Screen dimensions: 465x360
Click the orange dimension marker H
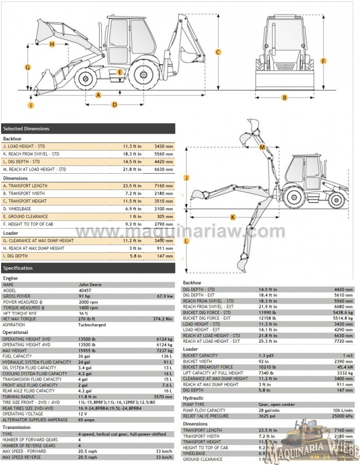(52, 44)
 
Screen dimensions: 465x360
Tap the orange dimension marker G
(28, 67)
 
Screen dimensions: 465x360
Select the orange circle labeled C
(218, 52)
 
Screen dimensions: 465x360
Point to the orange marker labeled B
(284, 98)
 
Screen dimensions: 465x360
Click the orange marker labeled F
(323, 61)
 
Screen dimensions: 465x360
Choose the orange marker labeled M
(262, 147)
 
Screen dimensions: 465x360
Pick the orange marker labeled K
(233, 217)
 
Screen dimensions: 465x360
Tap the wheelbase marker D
(114, 104)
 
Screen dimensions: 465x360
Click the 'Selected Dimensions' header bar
(87, 128)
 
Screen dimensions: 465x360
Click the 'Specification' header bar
(87, 268)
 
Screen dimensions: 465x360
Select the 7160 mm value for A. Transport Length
(164, 185)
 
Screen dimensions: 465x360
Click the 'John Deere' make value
(90, 284)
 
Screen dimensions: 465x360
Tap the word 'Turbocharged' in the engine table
(93, 325)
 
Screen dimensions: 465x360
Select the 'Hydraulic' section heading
(193, 398)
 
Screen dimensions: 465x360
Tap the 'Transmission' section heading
(17, 427)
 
